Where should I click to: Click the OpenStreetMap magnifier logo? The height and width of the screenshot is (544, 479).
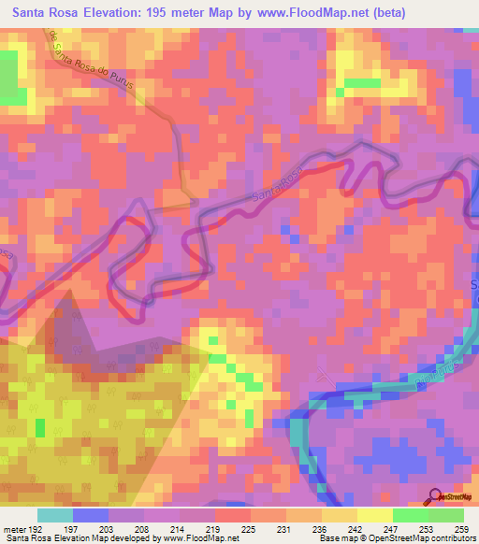437,496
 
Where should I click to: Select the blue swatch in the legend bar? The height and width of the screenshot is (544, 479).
91,516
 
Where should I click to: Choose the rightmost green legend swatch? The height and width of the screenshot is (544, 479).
446,516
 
